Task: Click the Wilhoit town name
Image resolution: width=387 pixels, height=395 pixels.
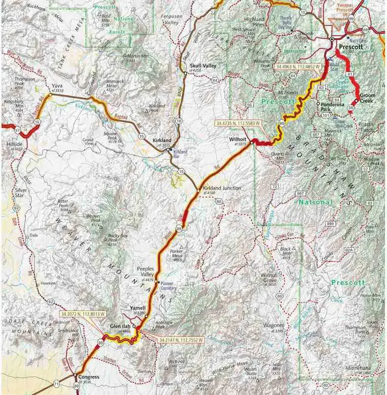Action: pyautogui.click(x=238, y=139)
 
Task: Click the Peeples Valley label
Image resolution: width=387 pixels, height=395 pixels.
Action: pyautogui.click(x=148, y=272)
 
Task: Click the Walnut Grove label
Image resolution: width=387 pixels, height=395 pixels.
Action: pyautogui.click(x=271, y=276)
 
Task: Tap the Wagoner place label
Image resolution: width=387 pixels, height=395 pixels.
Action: pyautogui.click(x=271, y=325)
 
